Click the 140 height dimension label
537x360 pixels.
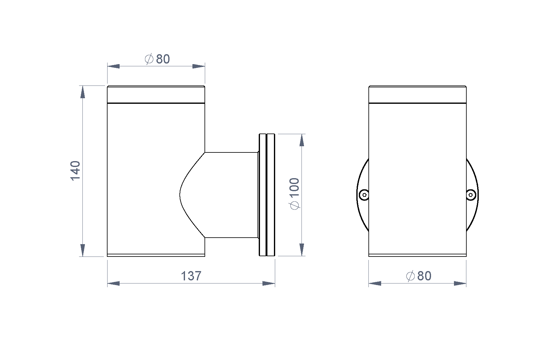75,171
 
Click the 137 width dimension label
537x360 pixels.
191,276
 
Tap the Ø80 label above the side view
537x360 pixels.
157,59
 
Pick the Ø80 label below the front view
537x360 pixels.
419,276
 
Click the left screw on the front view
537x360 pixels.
364,195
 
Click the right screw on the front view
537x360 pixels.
471,195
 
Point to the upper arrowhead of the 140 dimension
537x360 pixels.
82,92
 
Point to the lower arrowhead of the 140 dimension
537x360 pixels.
82,250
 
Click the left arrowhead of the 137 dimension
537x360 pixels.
113,283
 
